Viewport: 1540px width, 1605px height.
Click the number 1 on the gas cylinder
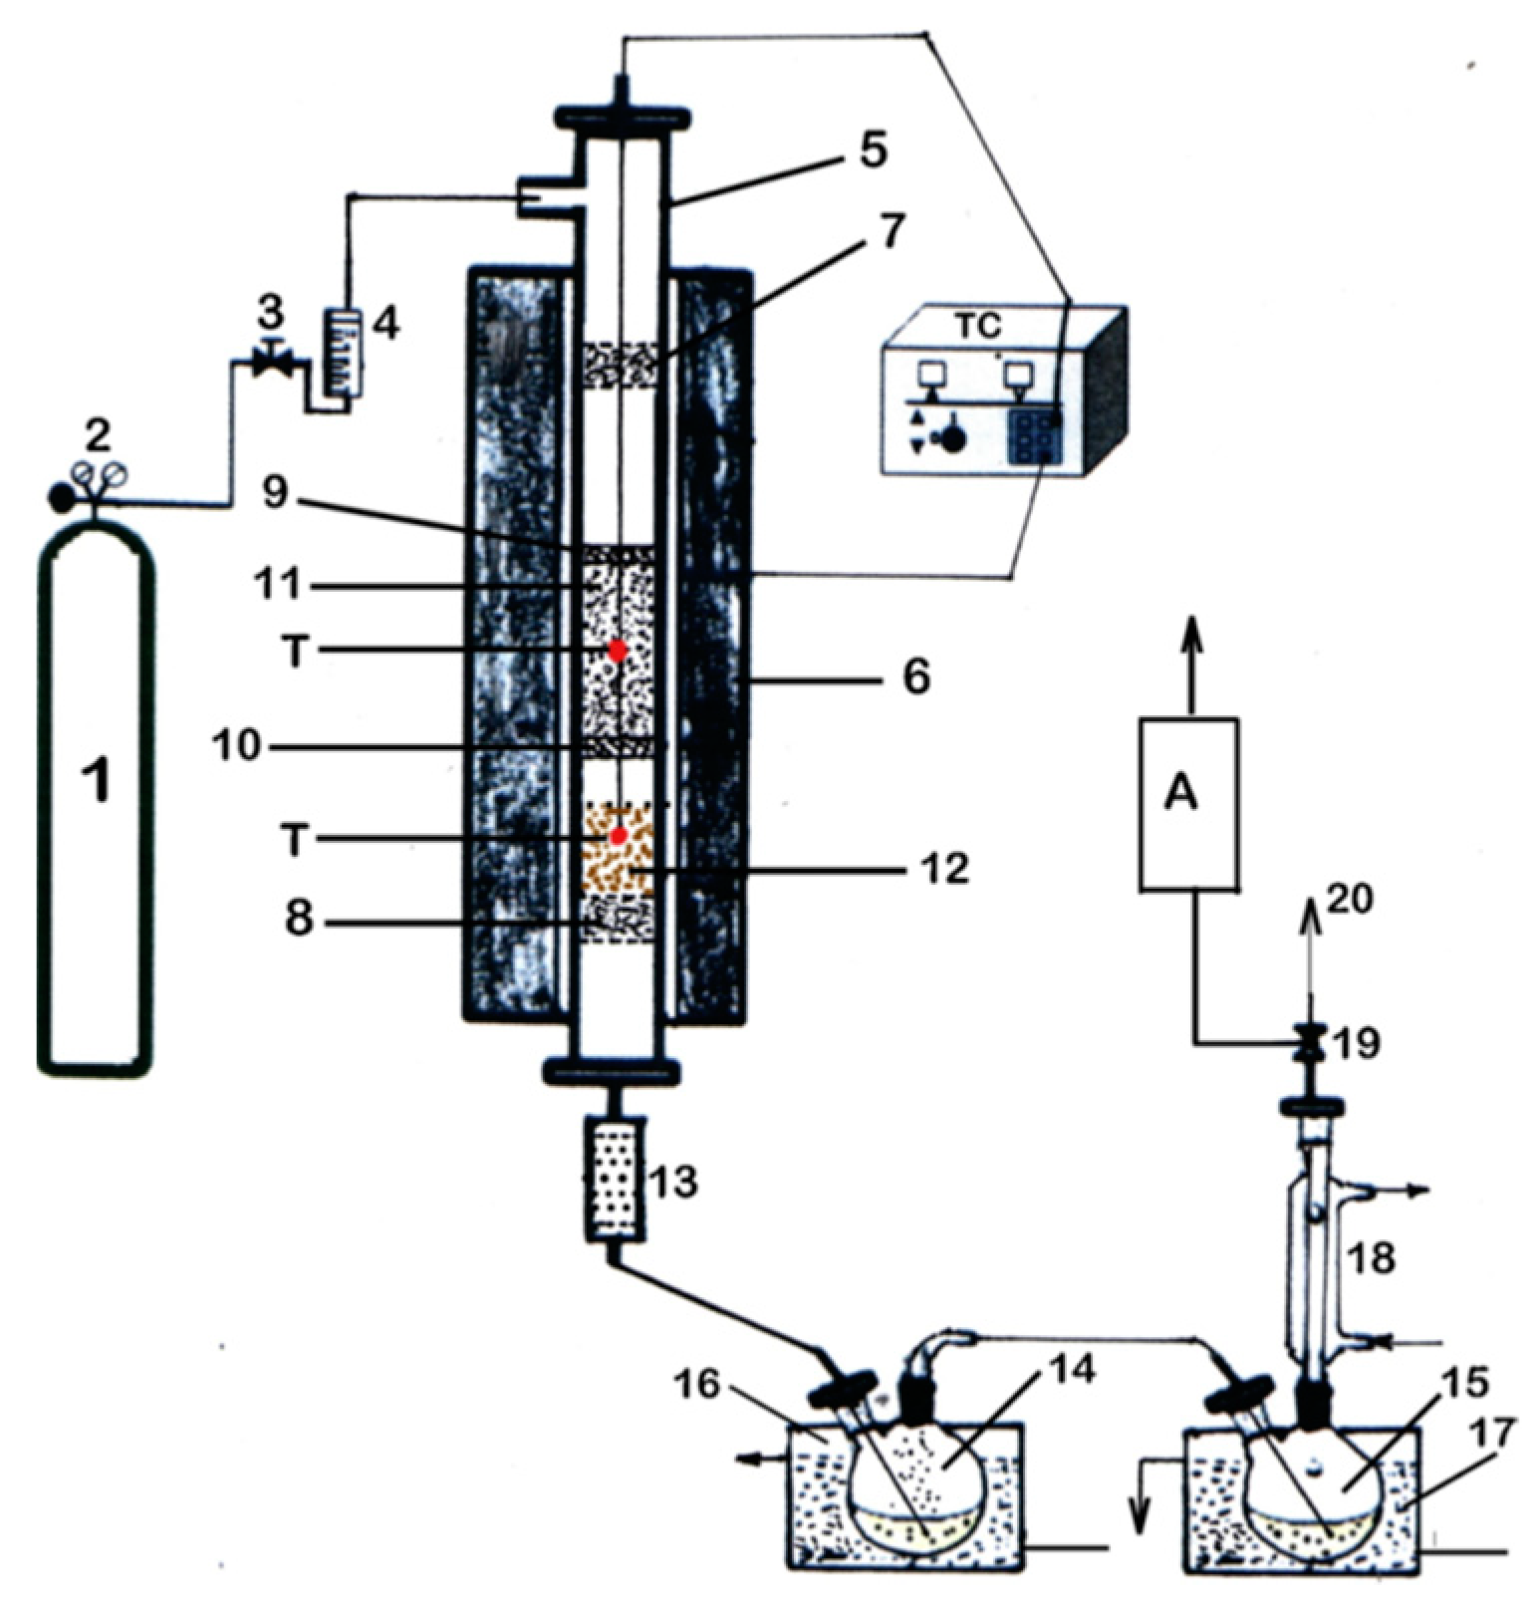(x=97, y=780)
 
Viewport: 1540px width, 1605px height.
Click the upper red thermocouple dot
(x=618, y=651)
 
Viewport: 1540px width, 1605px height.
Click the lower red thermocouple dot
(x=618, y=835)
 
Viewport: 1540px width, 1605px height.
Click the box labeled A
(x=1189, y=803)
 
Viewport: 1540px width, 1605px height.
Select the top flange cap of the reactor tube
(x=619, y=119)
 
